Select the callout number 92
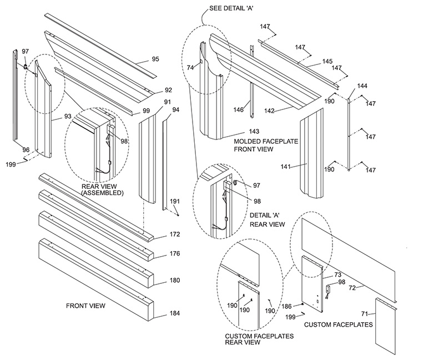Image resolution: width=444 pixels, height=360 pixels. tap(168, 89)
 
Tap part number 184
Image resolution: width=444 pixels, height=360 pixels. tap(175, 314)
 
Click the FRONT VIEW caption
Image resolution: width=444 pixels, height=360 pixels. tap(85, 306)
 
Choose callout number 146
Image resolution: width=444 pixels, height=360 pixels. tap(238, 109)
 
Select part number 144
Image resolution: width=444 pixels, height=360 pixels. tap(362, 86)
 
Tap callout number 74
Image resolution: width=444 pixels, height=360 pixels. tap(190, 67)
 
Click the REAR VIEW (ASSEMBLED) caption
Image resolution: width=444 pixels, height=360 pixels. tap(102, 190)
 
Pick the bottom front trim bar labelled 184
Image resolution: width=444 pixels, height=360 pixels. tap(94, 281)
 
